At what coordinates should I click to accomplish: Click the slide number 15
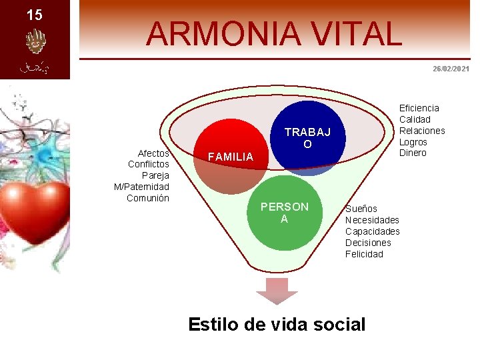[x=34, y=15]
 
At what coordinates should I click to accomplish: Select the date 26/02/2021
[x=451, y=69]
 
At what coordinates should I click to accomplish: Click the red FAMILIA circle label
[x=231, y=157]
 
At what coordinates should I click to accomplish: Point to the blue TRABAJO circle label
[x=307, y=138]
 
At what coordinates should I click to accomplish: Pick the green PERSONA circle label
[x=285, y=212]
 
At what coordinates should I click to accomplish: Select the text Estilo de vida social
[x=277, y=324]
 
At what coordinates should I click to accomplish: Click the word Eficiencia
[x=419, y=108]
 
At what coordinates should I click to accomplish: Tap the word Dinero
[x=413, y=153]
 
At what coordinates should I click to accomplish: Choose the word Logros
[x=413, y=141]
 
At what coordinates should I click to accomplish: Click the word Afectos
[x=153, y=153]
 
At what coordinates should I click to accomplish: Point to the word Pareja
[x=155, y=175]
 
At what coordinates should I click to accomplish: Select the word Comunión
[x=148, y=198]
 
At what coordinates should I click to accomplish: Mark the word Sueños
[x=361, y=209]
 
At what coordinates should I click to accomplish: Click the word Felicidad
[x=364, y=254]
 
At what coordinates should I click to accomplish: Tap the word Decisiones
[x=368, y=243]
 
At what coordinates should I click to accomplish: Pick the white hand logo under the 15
[x=34, y=42]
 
